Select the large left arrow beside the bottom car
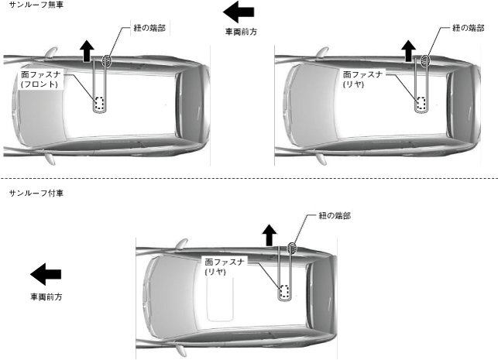[x=46, y=273]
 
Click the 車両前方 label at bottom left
[x=46, y=297]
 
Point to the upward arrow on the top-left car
[x=87, y=50]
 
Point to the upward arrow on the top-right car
[x=408, y=51]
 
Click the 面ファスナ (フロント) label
[x=51, y=79]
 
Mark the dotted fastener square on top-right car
[x=421, y=103]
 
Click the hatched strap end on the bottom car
[x=292, y=248]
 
